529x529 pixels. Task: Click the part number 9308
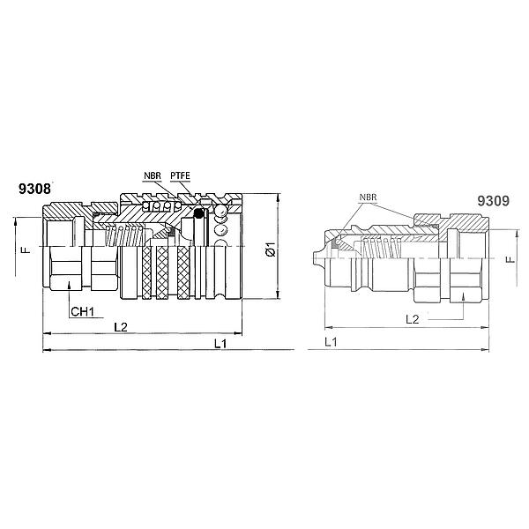(34, 189)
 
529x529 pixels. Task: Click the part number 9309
(493, 201)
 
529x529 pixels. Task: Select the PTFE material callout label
(180, 175)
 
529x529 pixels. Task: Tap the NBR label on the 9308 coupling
(153, 175)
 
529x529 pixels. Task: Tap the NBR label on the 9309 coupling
(368, 197)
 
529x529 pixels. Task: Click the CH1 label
(82, 312)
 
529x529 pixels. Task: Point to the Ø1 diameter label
(271, 249)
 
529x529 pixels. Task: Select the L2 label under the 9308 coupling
(121, 326)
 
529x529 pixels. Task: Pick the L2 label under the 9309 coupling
(412, 319)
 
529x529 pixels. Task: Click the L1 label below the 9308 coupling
(220, 344)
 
